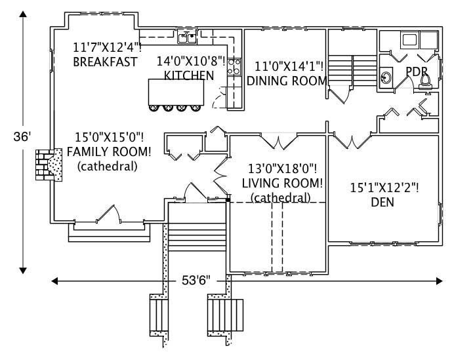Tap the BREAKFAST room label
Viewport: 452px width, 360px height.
click(x=105, y=62)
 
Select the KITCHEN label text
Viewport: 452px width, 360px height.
click(x=188, y=75)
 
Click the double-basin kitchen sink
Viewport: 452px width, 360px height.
click(x=187, y=37)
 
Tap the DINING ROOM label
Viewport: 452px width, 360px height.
click(x=287, y=81)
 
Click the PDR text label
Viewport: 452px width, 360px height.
click(x=417, y=70)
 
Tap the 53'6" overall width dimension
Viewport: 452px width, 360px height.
click(x=195, y=281)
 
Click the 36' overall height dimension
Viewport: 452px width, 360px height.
click(x=22, y=138)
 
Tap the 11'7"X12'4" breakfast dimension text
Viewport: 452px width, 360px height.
click(x=107, y=48)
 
